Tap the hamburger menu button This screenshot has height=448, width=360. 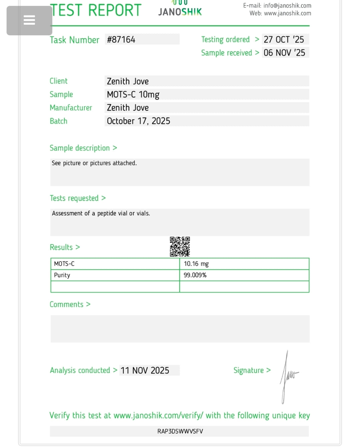tap(29, 20)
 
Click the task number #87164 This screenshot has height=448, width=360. tap(121, 40)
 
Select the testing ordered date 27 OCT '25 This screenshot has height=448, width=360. tap(284, 40)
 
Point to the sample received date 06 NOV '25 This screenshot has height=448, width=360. tap(284, 53)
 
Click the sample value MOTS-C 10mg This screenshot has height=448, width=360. tap(133, 95)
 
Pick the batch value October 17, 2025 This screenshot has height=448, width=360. tap(138, 121)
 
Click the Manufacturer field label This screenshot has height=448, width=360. tap(71, 108)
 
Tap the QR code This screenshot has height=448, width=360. tap(180, 247)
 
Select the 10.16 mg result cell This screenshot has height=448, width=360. tap(196, 264)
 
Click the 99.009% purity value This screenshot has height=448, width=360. tap(195, 275)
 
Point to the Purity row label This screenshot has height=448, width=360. tap(62, 275)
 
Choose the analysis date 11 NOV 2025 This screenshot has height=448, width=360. tap(145, 370)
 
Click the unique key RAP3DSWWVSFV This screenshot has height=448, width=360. tap(180, 431)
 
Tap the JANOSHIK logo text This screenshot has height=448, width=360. tap(180, 12)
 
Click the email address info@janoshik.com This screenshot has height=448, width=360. tap(287, 6)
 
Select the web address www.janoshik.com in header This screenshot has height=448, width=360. tap(287, 13)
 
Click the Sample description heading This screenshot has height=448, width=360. tap(80, 148)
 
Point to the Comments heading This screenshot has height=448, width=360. tap(67, 304)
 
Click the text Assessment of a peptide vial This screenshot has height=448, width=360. tap(101, 213)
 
